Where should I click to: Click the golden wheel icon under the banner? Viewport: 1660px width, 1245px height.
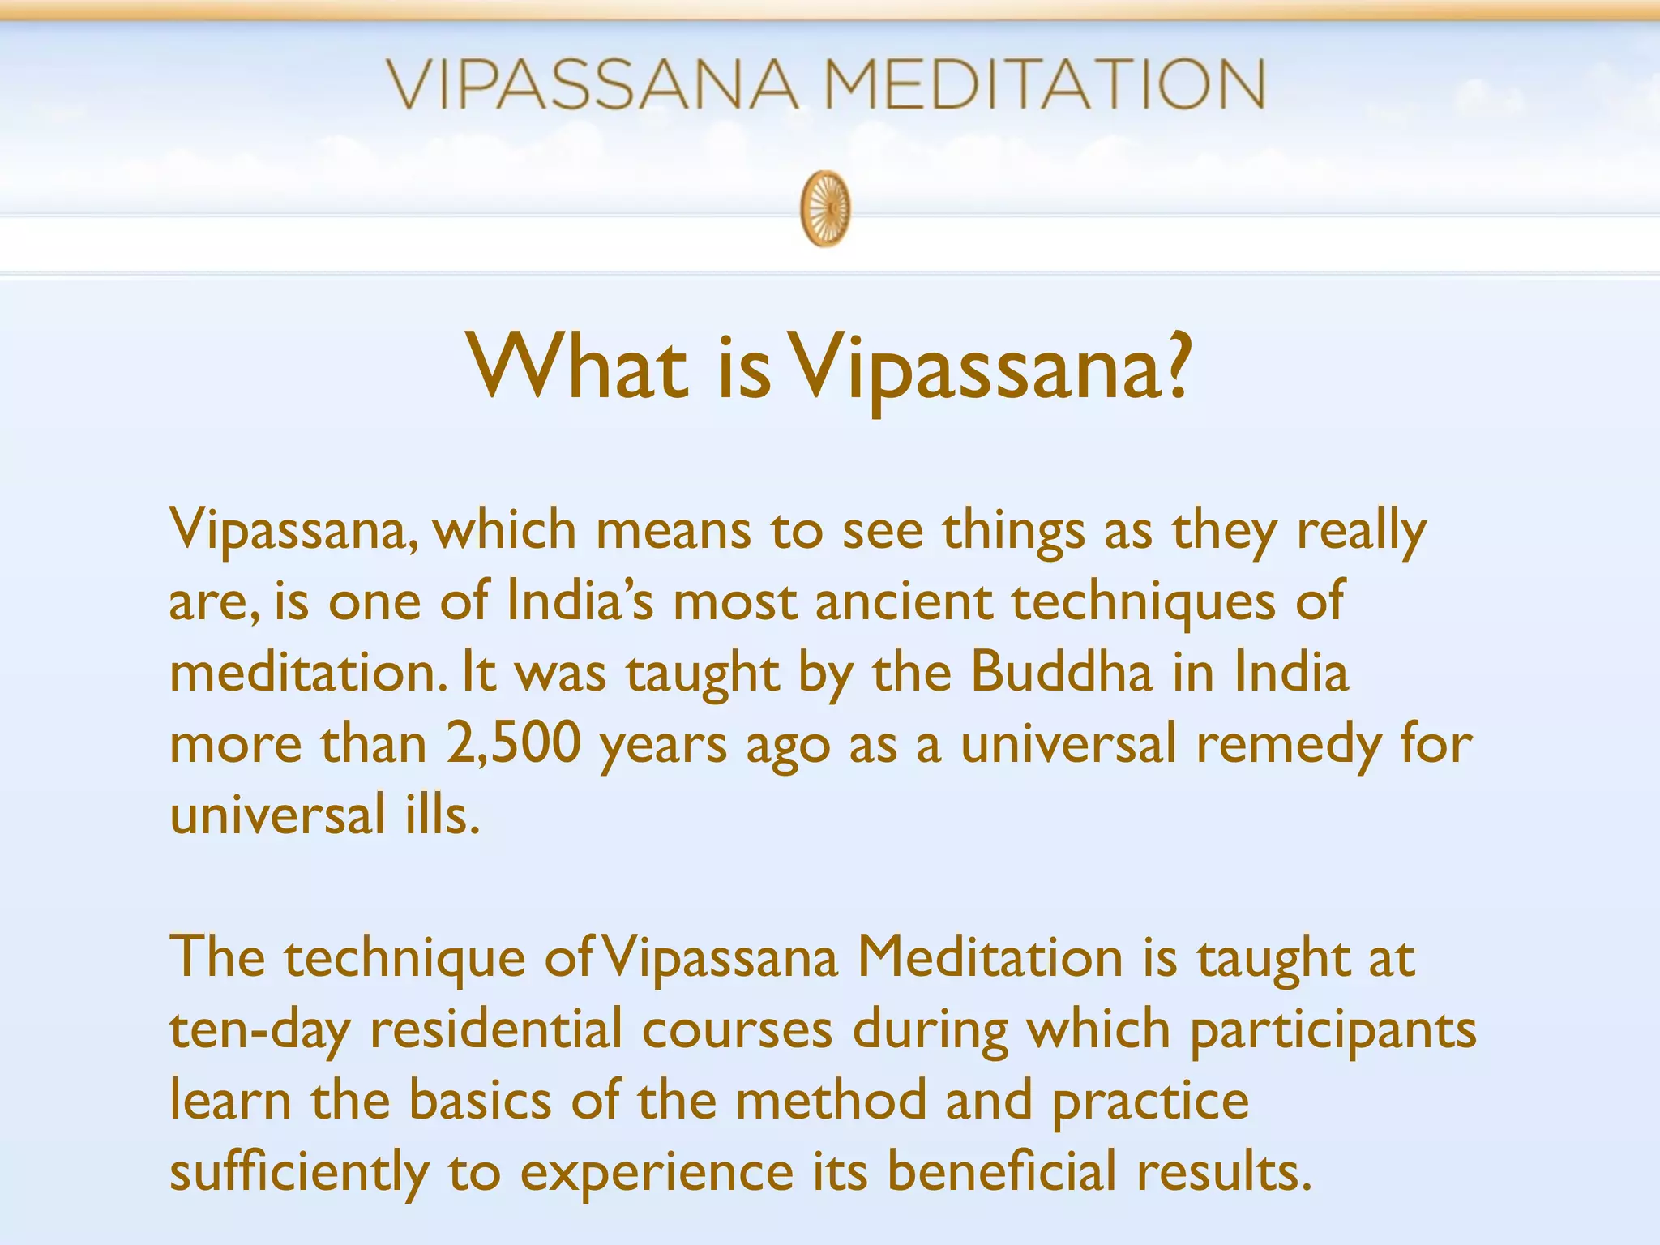826,208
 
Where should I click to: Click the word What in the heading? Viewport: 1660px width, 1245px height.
577,368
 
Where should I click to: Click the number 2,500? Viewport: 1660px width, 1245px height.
513,743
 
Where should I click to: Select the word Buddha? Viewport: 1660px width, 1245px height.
1061,673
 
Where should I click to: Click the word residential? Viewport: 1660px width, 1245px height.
496,1029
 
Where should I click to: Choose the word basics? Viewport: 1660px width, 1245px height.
480,1100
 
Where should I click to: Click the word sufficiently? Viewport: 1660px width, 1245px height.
299,1172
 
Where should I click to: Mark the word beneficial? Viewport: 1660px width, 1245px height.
1000,1171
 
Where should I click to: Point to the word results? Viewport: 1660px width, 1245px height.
1222,1171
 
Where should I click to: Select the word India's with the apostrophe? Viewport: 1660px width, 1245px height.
580,601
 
